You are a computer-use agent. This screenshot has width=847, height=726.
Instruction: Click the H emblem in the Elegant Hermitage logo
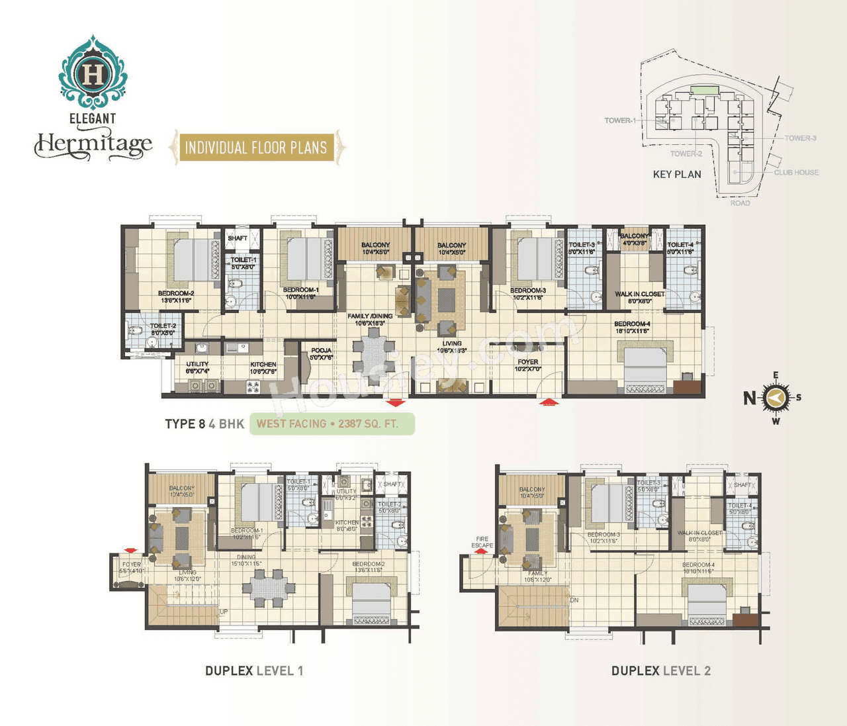tap(93, 74)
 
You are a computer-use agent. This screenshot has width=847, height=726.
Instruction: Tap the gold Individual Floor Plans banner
tap(256, 147)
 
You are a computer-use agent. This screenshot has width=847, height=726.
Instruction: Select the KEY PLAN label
tap(676, 174)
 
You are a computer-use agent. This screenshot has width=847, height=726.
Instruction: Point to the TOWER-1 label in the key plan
tap(619, 120)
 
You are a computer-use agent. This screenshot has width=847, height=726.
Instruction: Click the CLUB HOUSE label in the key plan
tap(796, 172)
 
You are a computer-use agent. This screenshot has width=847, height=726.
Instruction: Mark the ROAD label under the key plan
tap(740, 203)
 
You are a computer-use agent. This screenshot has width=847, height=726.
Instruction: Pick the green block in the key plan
tap(703, 89)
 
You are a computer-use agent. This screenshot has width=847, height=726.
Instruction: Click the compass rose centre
tap(776, 398)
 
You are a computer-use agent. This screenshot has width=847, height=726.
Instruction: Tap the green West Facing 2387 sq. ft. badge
tap(332, 424)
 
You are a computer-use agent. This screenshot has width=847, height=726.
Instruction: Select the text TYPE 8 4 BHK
tap(204, 424)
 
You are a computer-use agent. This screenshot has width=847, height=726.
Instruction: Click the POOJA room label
tap(321, 351)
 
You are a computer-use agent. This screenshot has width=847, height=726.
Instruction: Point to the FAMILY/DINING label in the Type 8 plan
tap(370, 316)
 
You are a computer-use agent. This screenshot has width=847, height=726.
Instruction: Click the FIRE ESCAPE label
tap(482, 542)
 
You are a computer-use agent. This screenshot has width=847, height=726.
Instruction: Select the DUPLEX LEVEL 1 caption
tap(254, 670)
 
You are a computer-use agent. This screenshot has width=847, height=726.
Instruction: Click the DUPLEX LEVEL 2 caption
tap(660, 670)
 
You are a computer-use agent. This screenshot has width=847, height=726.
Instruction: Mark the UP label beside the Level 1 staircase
tap(224, 612)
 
